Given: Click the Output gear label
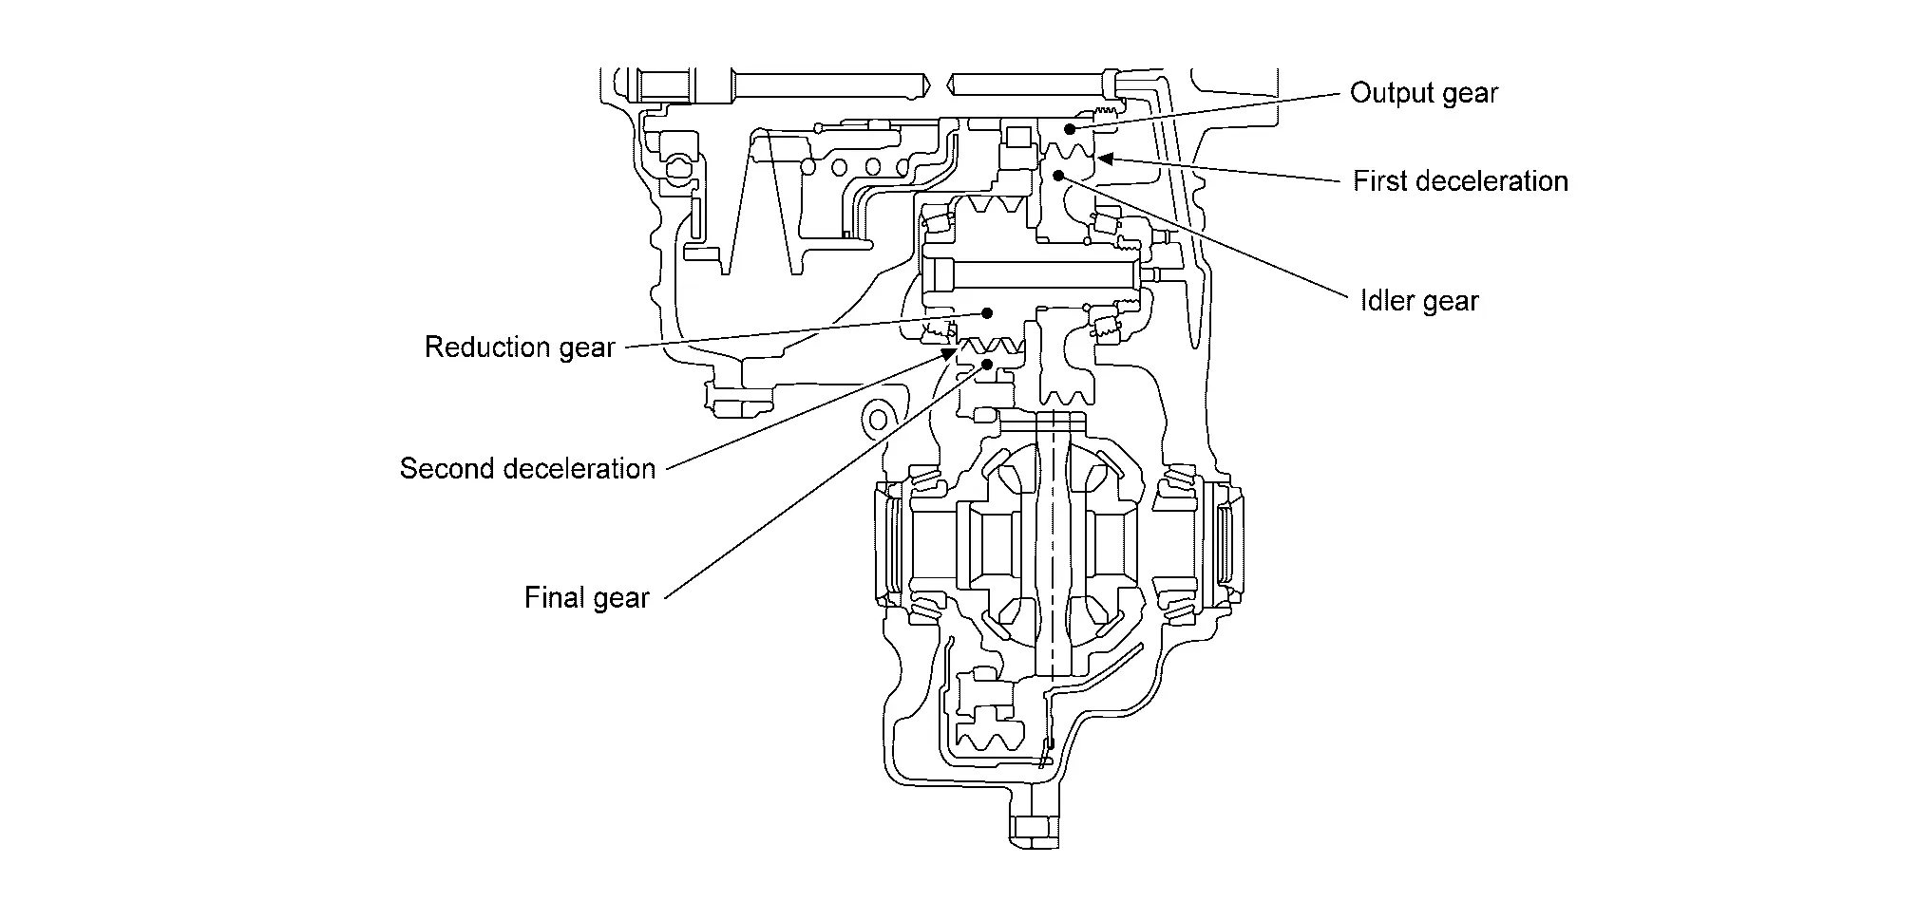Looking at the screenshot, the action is tap(1423, 93).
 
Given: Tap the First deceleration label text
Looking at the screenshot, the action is tap(1460, 180).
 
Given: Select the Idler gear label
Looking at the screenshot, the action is tap(1419, 301).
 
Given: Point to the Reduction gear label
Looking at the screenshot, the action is tap(520, 347).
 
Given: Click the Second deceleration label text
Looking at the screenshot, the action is tap(527, 468).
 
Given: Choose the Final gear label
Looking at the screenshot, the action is tap(587, 597).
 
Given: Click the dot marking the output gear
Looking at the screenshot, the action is tap(1069, 128).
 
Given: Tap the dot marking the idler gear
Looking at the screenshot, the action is tap(1058, 176).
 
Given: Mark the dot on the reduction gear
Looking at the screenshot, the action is tap(987, 312).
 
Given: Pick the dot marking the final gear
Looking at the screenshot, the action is tap(988, 364).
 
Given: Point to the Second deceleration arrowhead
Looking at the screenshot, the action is tap(948, 354).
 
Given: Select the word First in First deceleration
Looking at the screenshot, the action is tap(1381, 180).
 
